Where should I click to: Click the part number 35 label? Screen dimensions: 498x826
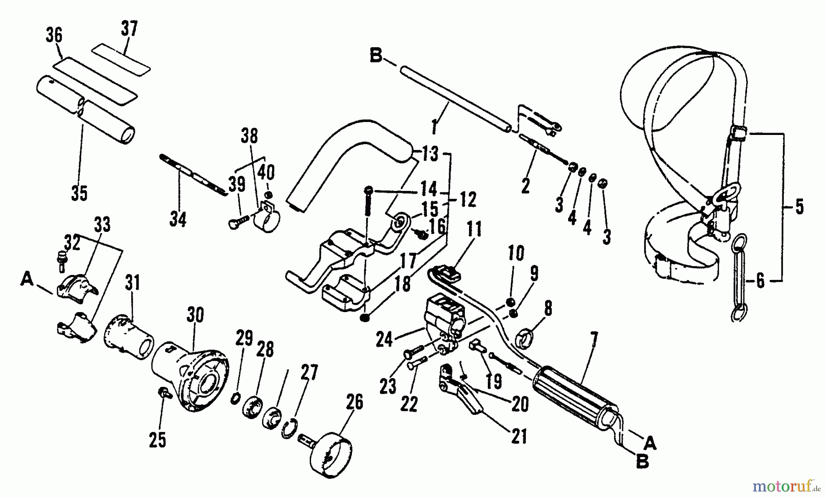point(79,193)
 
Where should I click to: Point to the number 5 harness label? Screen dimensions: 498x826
point(799,207)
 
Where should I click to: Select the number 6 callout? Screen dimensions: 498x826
point(760,280)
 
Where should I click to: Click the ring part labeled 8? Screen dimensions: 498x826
point(526,337)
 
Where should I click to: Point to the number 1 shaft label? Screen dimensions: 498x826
point(434,126)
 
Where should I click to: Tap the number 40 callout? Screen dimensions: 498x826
point(266,173)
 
